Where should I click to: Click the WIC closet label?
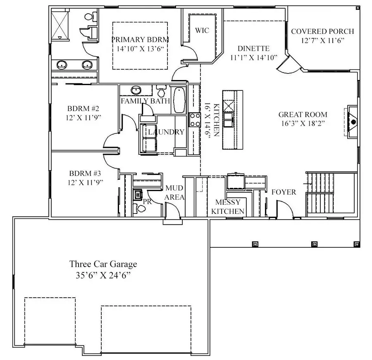202,30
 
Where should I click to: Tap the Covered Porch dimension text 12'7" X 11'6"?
323,40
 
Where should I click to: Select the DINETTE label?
254,48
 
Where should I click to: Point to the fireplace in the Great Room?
352,122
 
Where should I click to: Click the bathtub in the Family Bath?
179,100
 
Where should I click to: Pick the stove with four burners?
195,120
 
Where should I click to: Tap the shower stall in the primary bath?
60,25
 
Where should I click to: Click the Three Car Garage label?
103,264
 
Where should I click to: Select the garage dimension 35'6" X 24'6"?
103,275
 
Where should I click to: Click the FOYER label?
284,192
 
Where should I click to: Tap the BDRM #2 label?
83,109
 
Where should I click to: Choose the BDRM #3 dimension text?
86,182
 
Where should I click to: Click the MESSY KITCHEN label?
228,207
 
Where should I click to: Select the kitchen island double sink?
229,120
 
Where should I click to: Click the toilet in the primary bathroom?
91,17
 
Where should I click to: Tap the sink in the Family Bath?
136,90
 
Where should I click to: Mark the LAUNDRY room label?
166,132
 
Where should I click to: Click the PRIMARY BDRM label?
140,40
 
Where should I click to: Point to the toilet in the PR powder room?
140,208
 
